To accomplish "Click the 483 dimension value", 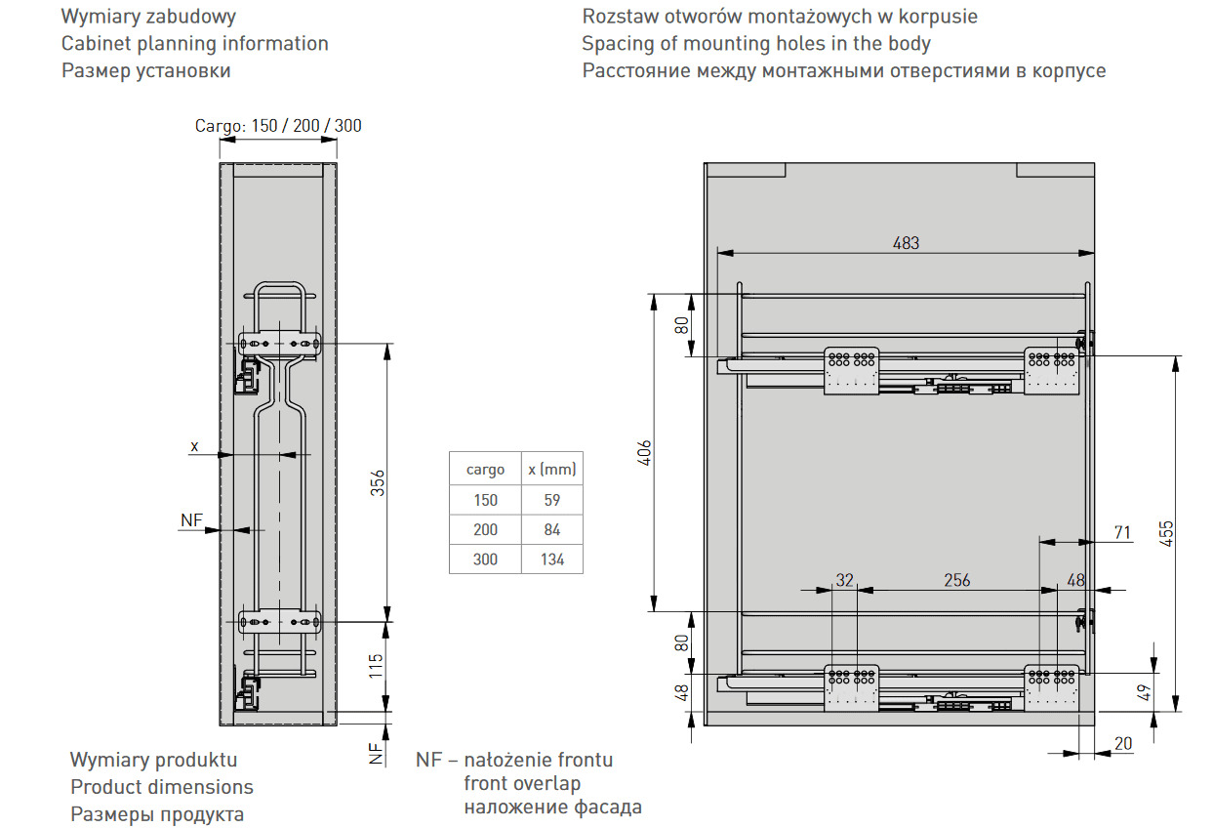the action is tap(906, 243).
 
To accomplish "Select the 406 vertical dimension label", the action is tap(644, 453).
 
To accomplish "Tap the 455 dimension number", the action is tap(1167, 534).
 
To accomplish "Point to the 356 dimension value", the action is tap(378, 482).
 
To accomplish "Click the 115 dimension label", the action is tap(376, 666).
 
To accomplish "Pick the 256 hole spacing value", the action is tap(957, 580).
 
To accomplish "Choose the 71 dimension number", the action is tap(1122, 533).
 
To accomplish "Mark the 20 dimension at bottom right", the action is tap(1123, 743).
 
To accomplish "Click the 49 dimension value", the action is tap(1145, 692).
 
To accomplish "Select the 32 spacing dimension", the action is tap(845, 580).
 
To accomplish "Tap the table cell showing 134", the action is tap(551, 559).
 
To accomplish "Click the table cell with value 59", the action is tap(551, 500).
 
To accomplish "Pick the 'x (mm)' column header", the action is tap(551, 470).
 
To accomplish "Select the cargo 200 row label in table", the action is tap(485, 529).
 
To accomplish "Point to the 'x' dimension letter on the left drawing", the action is tap(194, 446).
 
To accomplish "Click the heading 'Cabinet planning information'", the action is tap(195, 43).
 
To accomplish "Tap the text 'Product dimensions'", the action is tap(162, 787).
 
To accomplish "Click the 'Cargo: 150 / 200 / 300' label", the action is tap(278, 126).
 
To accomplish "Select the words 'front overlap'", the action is tap(522, 783).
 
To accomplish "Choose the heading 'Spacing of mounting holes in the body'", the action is tap(756, 43).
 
